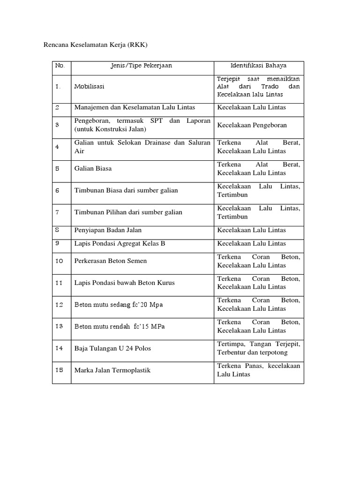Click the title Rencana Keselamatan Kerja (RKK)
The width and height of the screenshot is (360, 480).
point(95,45)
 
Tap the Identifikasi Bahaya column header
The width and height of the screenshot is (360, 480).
point(258,66)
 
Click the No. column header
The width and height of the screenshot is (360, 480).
point(60,66)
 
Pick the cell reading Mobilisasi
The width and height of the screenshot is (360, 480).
point(90,87)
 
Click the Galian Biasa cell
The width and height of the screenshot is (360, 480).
point(93,168)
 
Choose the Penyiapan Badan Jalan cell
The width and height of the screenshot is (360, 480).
point(108,230)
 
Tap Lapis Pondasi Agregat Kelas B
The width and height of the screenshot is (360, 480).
point(120,244)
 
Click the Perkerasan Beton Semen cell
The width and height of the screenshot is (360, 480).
point(111,261)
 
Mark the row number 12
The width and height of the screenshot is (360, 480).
point(59,305)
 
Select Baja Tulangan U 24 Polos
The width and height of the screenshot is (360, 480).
point(112,348)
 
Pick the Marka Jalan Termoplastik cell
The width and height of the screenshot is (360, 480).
point(112,370)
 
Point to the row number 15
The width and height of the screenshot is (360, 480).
point(59,370)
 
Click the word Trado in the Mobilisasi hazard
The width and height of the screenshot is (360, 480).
point(270,87)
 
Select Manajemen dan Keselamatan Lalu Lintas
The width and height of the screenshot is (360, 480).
point(135,107)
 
